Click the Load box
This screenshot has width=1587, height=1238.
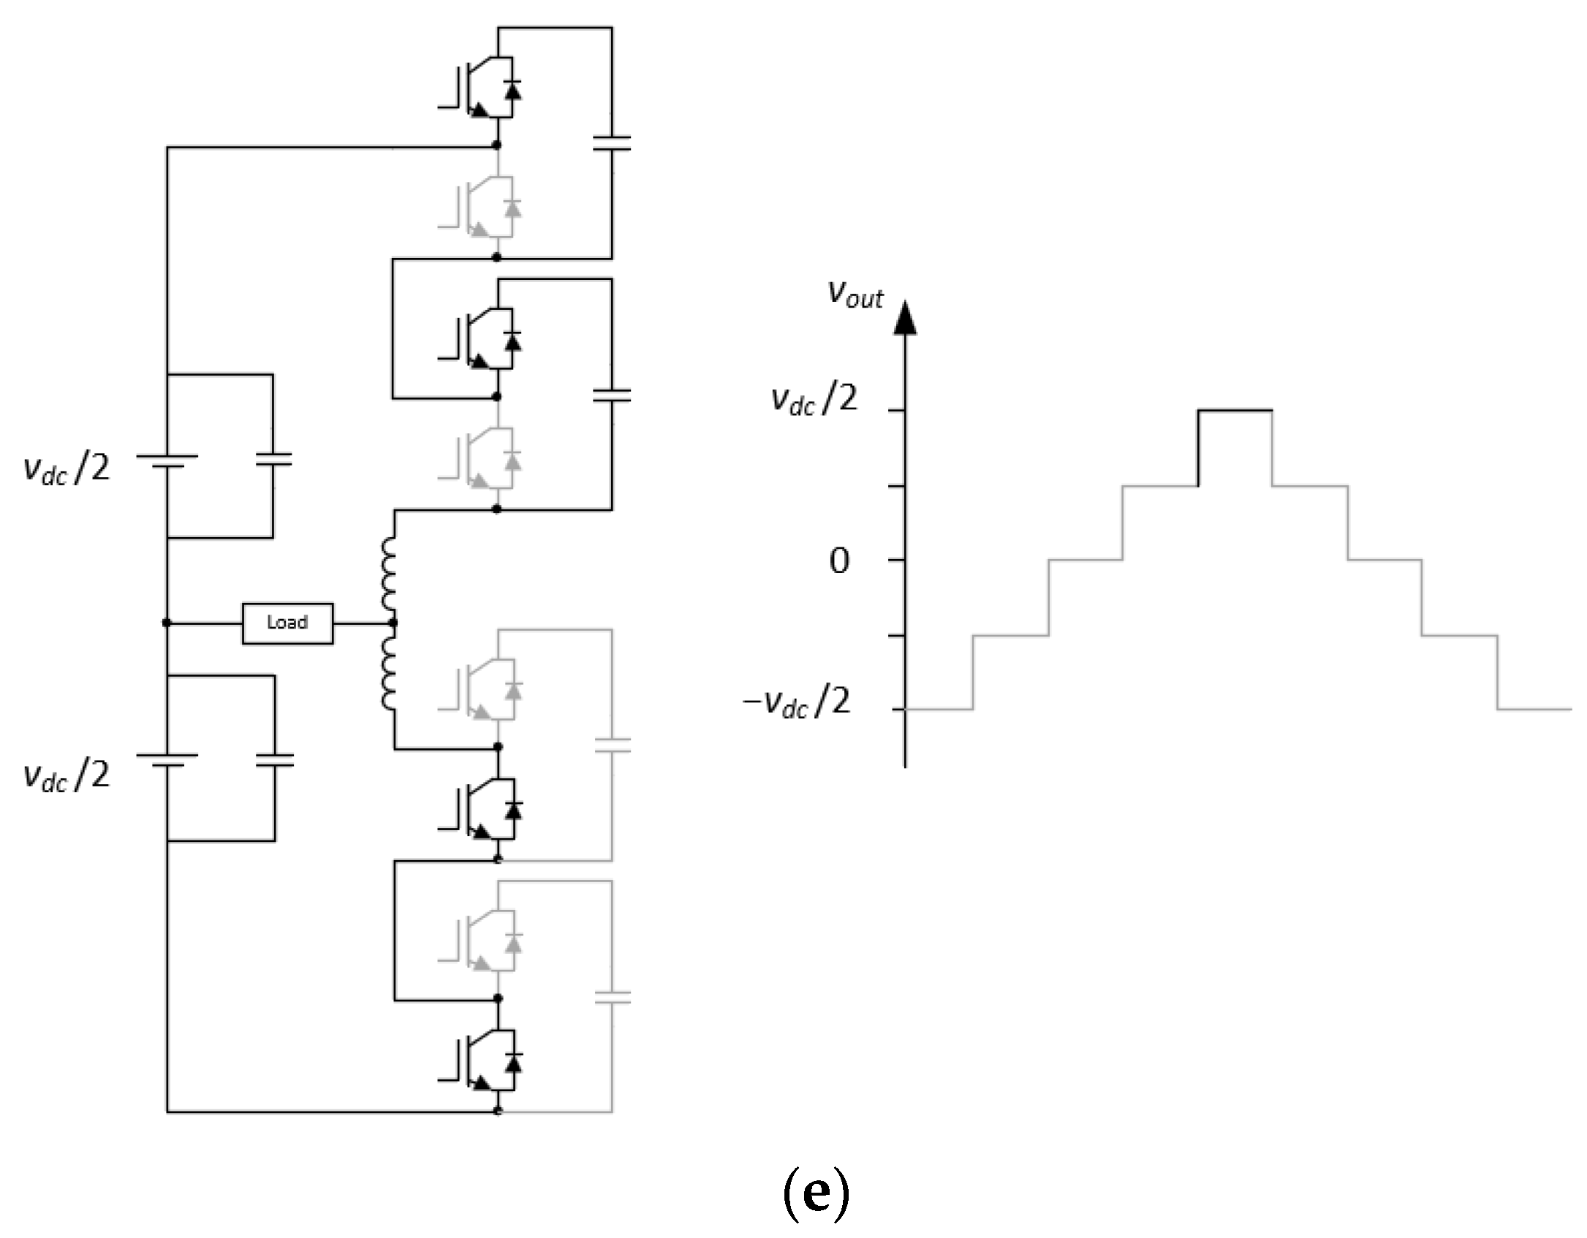click(x=287, y=623)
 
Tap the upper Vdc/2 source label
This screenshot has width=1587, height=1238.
click(x=67, y=468)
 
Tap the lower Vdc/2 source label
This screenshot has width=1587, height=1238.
click(x=67, y=775)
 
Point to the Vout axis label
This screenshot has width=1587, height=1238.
click(x=855, y=294)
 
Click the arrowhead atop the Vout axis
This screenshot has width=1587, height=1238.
click(x=905, y=319)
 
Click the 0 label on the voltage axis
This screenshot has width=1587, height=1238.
click(x=840, y=561)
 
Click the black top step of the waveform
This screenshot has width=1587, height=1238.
click(x=1235, y=411)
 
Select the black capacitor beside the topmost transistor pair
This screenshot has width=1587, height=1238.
click(x=612, y=143)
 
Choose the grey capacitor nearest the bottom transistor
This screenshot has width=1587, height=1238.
click(x=613, y=997)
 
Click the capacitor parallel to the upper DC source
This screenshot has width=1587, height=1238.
click(x=273, y=459)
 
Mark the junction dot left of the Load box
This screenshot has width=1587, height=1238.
click(x=167, y=623)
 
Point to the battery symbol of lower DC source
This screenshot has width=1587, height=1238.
click(x=167, y=760)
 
